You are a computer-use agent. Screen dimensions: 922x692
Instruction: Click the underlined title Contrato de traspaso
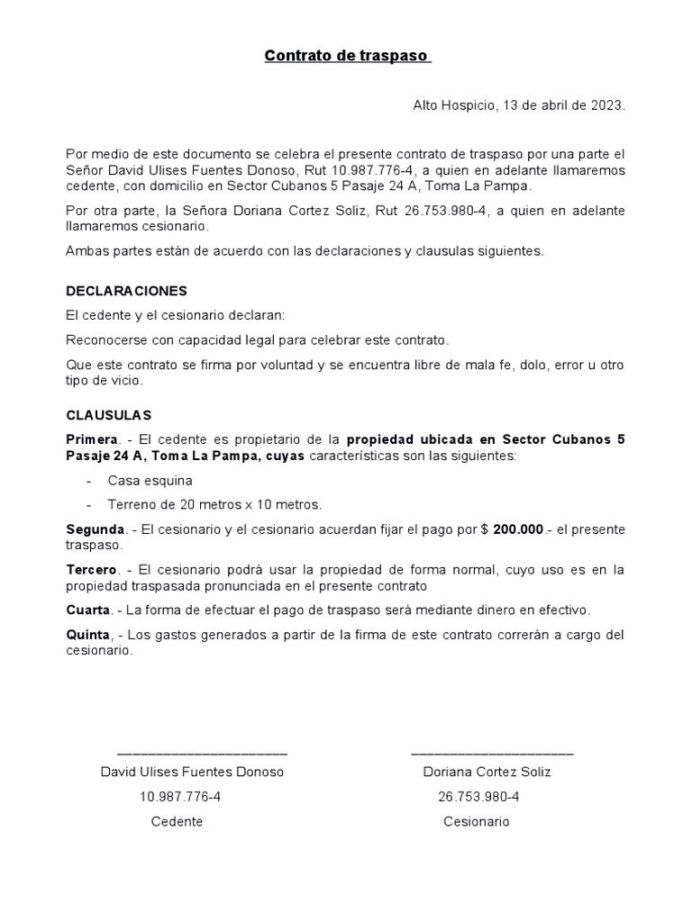(347, 57)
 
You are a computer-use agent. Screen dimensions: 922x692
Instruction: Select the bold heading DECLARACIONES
(126, 292)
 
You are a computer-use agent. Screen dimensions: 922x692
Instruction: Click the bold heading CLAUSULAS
(109, 415)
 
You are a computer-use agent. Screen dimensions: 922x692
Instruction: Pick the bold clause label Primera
(92, 439)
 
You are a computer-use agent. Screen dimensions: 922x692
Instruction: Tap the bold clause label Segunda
(96, 529)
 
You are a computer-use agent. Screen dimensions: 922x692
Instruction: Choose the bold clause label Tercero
(92, 570)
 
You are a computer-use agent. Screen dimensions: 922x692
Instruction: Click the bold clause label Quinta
(88, 635)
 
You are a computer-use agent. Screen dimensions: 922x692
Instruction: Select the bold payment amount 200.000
(518, 529)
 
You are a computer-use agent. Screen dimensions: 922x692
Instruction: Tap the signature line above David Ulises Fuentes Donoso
(202, 753)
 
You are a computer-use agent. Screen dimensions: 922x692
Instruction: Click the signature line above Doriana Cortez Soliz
(491, 753)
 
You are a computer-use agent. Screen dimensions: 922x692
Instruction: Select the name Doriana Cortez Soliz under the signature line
(487, 772)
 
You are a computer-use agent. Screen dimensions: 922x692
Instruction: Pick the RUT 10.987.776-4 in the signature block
(180, 797)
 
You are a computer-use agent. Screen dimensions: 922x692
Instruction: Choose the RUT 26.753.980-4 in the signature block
(478, 797)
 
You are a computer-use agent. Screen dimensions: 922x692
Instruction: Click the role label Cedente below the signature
(177, 821)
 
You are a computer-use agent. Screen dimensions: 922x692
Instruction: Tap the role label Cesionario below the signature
(476, 821)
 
